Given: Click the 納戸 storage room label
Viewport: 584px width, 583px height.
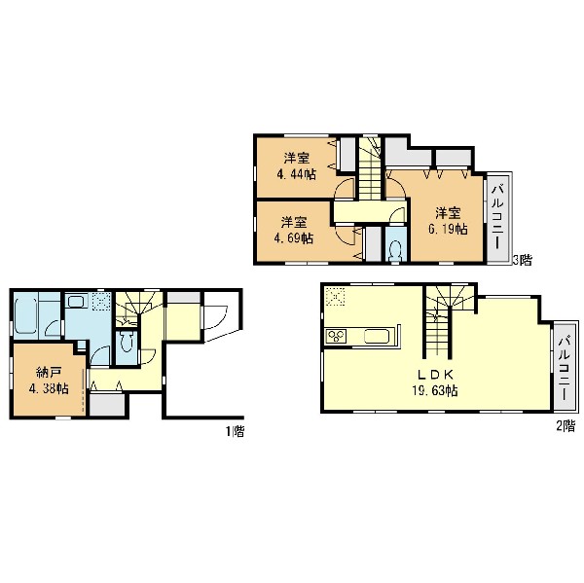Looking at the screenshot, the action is (49, 372).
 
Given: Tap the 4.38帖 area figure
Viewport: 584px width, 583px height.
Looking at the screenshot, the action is (49, 389).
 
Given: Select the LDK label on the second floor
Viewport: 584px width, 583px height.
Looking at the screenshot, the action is (435, 374).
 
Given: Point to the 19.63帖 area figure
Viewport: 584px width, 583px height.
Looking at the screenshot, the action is (435, 391).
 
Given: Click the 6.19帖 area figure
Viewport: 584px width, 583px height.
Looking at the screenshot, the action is (448, 229).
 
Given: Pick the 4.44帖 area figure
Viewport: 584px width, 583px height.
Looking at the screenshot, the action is (296, 174).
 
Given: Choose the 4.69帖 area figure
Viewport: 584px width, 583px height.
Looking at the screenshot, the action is (294, 238).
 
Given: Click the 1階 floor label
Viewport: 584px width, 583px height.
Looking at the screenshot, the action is (235, 431).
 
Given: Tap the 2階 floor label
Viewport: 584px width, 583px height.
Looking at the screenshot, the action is (566, 425).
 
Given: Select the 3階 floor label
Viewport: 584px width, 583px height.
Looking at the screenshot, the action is (522, 259).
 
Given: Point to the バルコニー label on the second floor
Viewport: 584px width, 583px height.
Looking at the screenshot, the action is (565, 368).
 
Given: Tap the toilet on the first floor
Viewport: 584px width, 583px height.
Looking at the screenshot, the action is (126, 342).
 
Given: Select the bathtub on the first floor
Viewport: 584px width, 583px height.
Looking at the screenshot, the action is (26, 316).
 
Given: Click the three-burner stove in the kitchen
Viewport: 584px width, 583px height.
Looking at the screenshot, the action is (336, 337).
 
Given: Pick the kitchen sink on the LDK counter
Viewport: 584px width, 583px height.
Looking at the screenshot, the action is (377, 337).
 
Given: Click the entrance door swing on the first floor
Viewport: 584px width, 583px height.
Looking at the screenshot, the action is (215, 317).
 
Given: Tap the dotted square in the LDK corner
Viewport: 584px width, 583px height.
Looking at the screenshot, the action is (335, 297).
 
